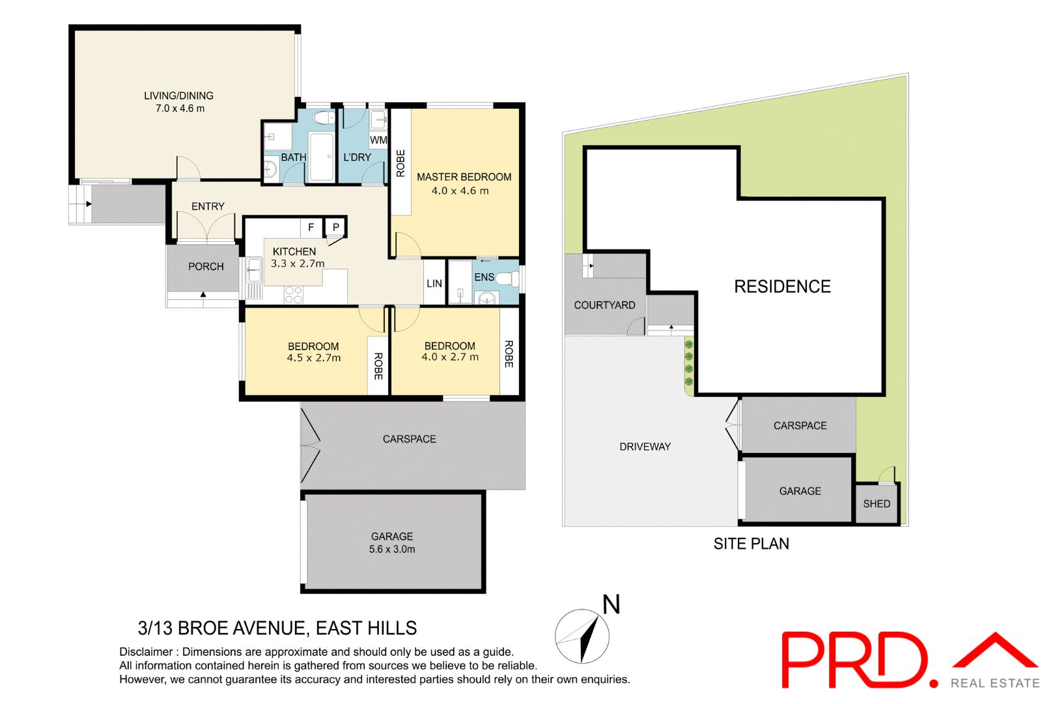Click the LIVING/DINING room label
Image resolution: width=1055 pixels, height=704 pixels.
pyautogui.click(x=178, y=96)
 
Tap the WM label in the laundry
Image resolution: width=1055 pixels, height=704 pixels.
pyautogui.click(x=378, y=140)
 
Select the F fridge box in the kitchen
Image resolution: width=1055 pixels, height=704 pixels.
pyautogui.click(x=311, y=227)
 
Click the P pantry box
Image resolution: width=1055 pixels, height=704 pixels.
pyautogui.click(x=336, y=227)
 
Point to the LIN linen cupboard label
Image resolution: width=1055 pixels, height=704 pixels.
pyautogui.click(x=434, y=284)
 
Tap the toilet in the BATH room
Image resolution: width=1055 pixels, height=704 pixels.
pyautogui.click(x=324, y=118)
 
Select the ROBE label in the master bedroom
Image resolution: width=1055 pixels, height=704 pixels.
pyautogui.click(x=401, y=164)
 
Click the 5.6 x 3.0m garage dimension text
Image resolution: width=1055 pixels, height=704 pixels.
pyautogui.click(x=392, y=550)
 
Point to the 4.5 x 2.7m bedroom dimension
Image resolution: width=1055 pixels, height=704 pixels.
pyautogui.click(x=314, y=358)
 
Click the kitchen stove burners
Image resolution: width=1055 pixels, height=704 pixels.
pyautogui.click(x=294, y=295)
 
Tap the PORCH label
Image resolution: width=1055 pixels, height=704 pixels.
pyautogui.click(x=206, y=267)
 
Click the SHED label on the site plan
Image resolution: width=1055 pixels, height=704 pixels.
pyautogui.click(x=877, y=504)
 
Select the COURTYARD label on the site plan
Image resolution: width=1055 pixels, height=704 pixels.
pyautogui.click(x=604, y=305)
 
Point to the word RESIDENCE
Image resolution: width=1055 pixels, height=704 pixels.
pyautogui.click(x=782, y=287)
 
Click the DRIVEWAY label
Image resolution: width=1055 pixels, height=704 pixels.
pyautogui.click(x=645, y=447)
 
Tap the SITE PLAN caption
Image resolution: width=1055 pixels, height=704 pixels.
pyautogui.click(x=751, y=544)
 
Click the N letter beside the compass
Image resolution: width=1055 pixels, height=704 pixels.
pyautogui.click(x=611, y=604)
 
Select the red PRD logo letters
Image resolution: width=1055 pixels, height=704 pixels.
pyautogui.click(x=854, y=659)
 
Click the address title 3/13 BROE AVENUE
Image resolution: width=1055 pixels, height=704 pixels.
pyautogui.click(x=277, y=628)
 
